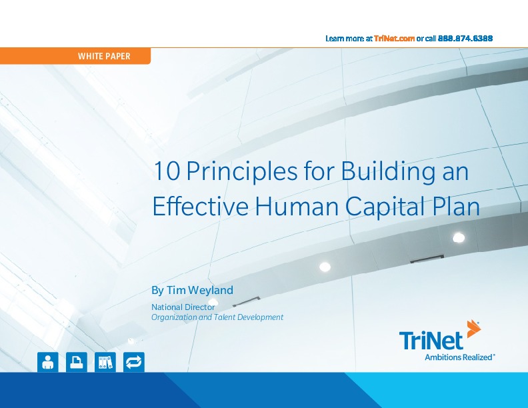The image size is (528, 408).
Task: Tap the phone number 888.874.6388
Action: pyautogui.click(x=465, y=39)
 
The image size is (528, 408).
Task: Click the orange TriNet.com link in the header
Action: pyautogui.click(x=395, y=39)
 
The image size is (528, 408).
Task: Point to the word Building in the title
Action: pyautogui.click(x=377, y=172)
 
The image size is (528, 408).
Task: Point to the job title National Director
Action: pyautogui.click(x=179, y=307)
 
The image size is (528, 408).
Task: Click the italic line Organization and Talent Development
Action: pyautogui.click(x=217, y=317)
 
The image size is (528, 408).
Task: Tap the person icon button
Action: pyautogui.click(x=47, y=362)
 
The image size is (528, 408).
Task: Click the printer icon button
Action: pyautogui.click(x=77, y=362)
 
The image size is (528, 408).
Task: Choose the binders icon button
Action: pyautogui.click(x=105, y=362)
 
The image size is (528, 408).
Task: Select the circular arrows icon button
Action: pyautogui.click(x=134, y=362)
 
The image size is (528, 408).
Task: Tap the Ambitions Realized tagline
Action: pyautogui.click(x=459, y=357)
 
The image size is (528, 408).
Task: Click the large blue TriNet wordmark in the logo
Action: pyautogui.click(x=431, y=341)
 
